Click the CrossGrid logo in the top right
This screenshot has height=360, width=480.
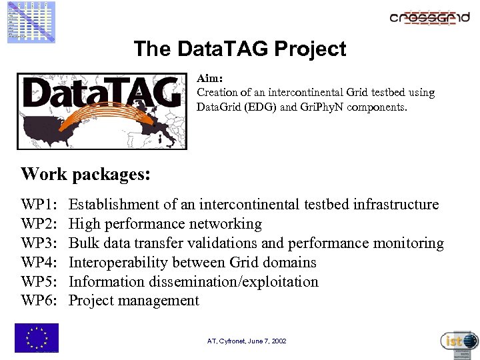[x=429, y=17]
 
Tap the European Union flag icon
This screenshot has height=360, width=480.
[x=37, y=337]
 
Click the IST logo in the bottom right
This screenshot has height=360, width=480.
[x=459, y=341]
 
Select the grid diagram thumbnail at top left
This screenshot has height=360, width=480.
[x=31, y=21]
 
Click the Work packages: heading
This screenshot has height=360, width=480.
[x=85, y=175]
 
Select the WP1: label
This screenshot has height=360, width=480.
[x=39, y=205]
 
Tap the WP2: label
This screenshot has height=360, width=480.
[x=39, y=224]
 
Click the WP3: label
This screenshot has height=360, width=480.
[x=39, y=243]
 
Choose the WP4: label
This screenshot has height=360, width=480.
[x=39, y=263]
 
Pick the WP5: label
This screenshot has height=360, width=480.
[x=39, y=282]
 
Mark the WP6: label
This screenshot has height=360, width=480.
[x=39, y=301]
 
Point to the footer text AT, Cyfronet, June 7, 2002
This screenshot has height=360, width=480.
[x=247, y=341]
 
